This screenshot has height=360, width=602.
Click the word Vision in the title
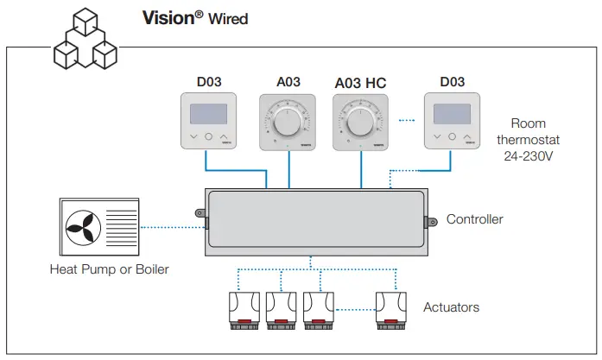pos(168,18)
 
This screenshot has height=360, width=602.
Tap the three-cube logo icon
pos(86,39)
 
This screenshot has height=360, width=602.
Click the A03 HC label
pos(360,83)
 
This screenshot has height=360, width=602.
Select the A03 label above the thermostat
pos(288,82)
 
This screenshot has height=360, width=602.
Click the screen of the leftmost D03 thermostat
pos(208,114)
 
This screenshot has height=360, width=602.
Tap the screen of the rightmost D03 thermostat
pos(452,114)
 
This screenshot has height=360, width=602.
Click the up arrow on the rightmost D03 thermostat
pos(467,136)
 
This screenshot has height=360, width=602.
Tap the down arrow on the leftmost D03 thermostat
pos(193,136)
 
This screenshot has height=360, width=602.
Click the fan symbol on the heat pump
pos(83,228)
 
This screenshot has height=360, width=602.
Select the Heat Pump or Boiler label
pos(110,269)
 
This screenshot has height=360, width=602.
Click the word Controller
pos(474,219)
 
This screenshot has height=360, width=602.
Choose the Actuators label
pos(451,307)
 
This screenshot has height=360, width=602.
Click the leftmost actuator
pos(244,311)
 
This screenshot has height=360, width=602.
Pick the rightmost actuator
pos(391,311)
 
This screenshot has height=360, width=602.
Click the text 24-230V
pos(529,156)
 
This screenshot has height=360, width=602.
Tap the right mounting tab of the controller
pos(430,222)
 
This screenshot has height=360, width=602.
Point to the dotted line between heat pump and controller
pos(173,228)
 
